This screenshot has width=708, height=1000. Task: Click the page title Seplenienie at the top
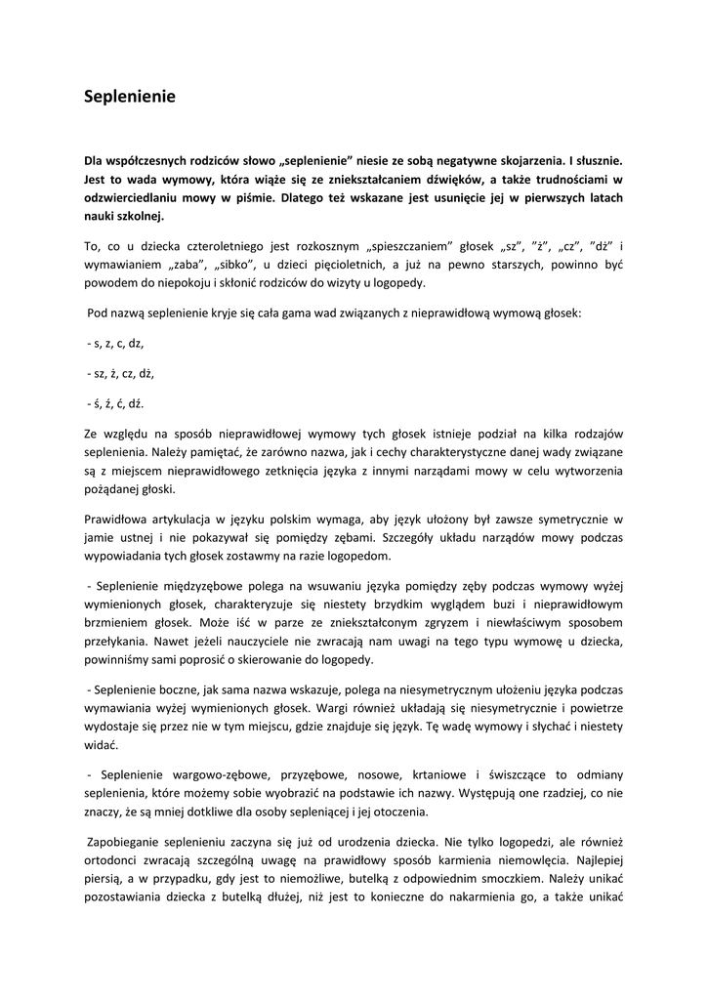pyautogui.click(x=129, y=97)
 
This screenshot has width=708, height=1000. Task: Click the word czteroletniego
pyautogui.click(x=221, y=246)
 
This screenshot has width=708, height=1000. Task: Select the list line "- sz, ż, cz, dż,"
pyautogui.click(x=120, y=373)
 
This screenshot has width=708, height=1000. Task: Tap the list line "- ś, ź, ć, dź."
pyautogui.click(x=116, y=403)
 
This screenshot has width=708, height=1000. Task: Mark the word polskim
pyautogui.click(x=333, y=519)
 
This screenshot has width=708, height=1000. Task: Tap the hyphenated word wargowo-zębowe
pyautogui.click(x=210, y=774)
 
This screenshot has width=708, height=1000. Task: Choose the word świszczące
pyautogui.click(x=527, y=774)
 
